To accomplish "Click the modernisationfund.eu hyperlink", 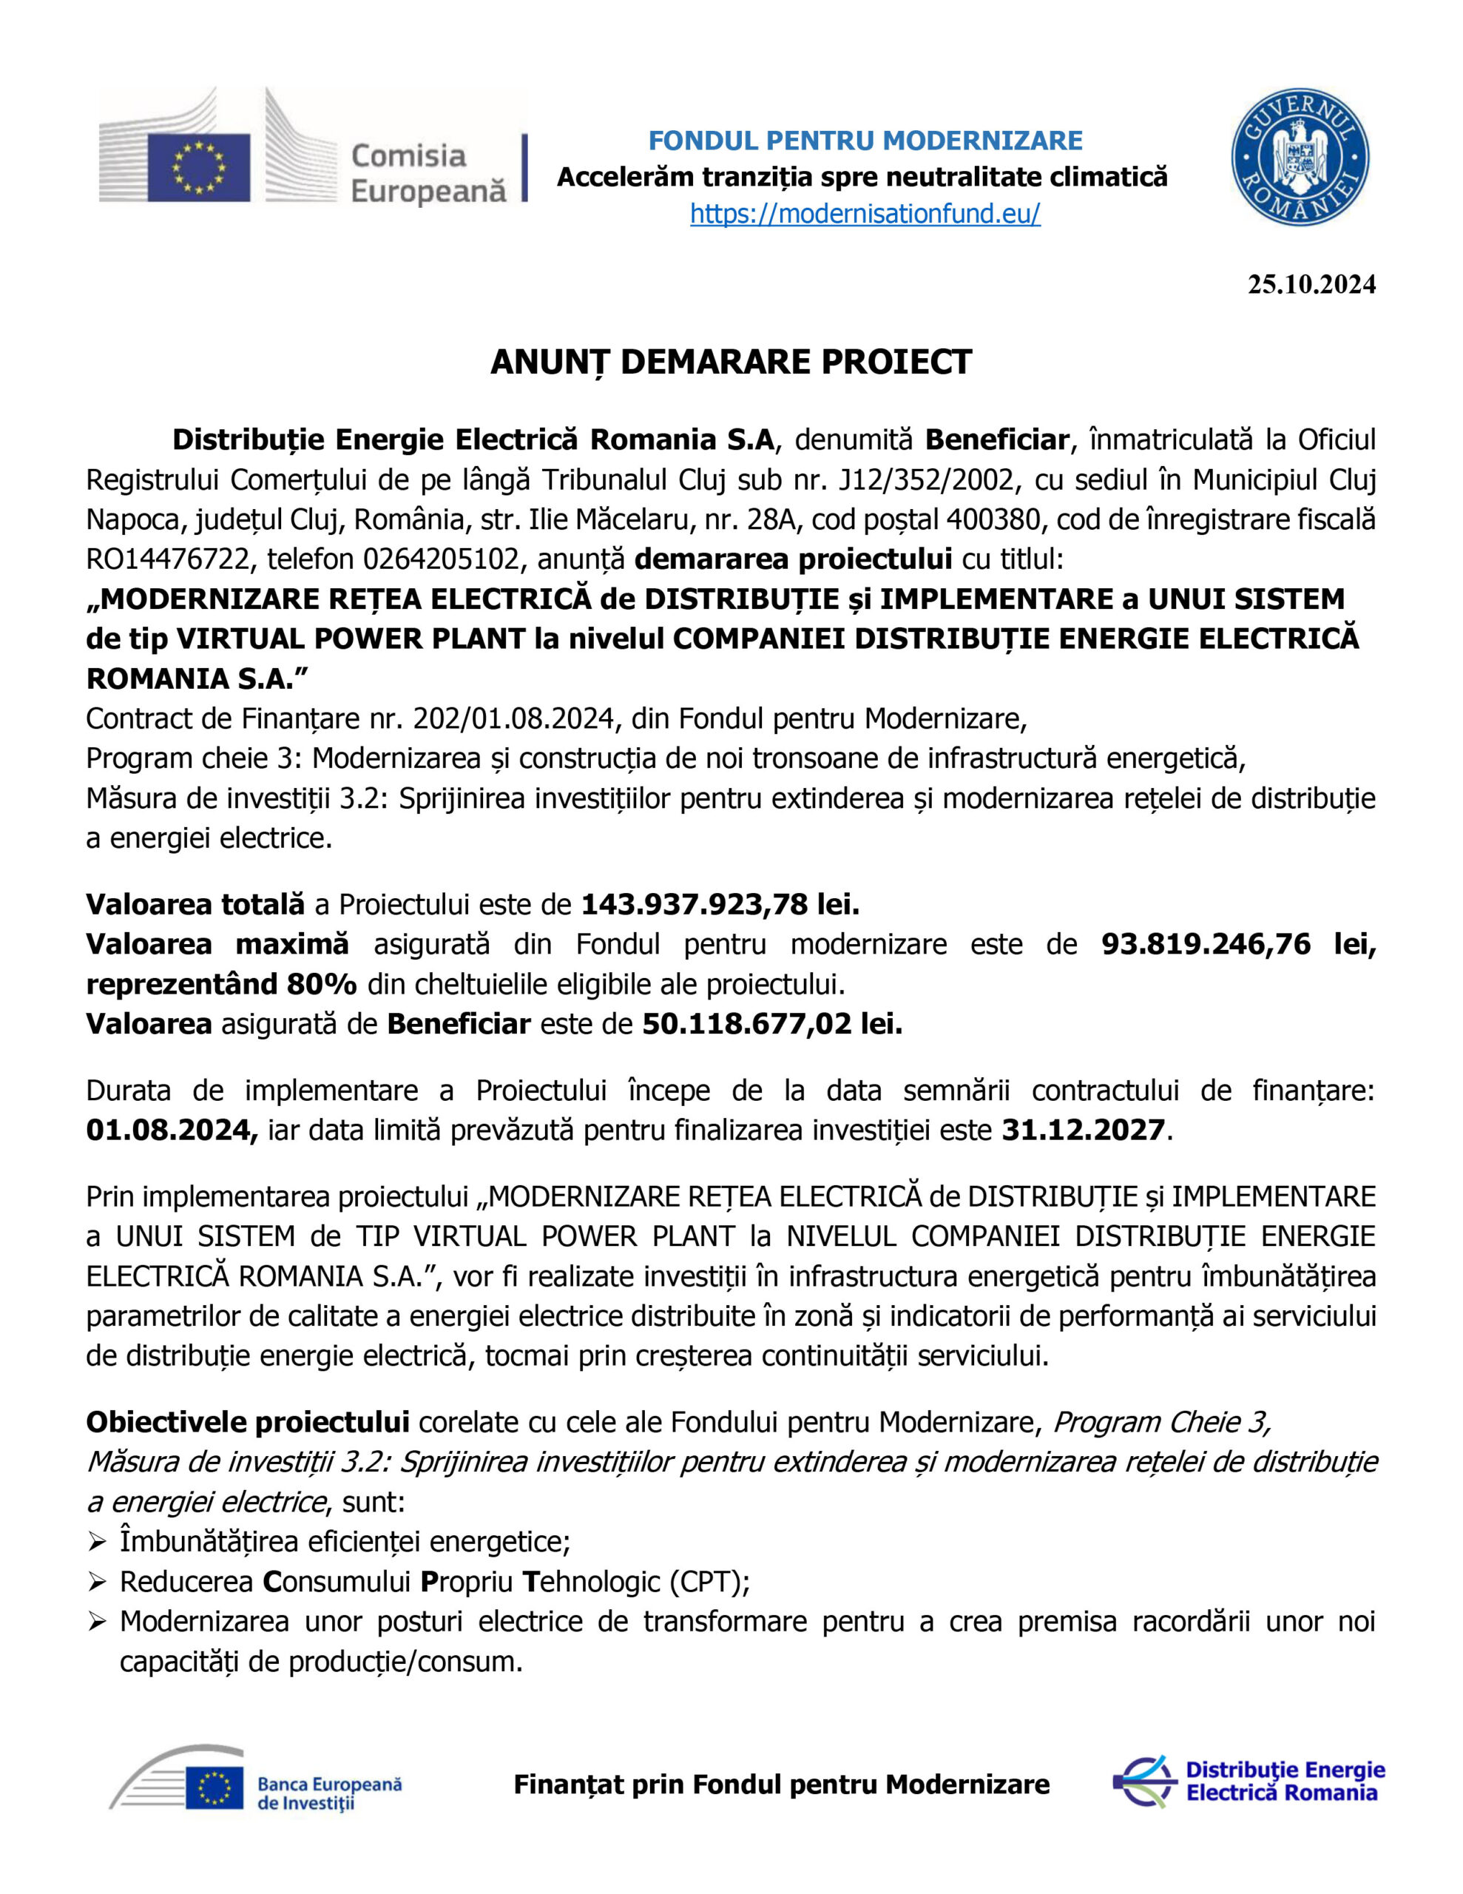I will (865, 213).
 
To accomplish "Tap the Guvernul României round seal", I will (1300, 157).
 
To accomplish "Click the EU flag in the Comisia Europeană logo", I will (199, 167).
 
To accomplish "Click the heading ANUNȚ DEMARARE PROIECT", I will (730, 362).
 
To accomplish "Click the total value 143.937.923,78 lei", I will (719, 905).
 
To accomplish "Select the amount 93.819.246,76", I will (1206, 944).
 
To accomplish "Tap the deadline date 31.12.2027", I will (1083, 1130).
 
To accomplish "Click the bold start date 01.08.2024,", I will (172, 1130).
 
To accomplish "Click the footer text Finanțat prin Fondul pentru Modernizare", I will (781, 1785).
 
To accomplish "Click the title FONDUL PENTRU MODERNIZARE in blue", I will (865, 141).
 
